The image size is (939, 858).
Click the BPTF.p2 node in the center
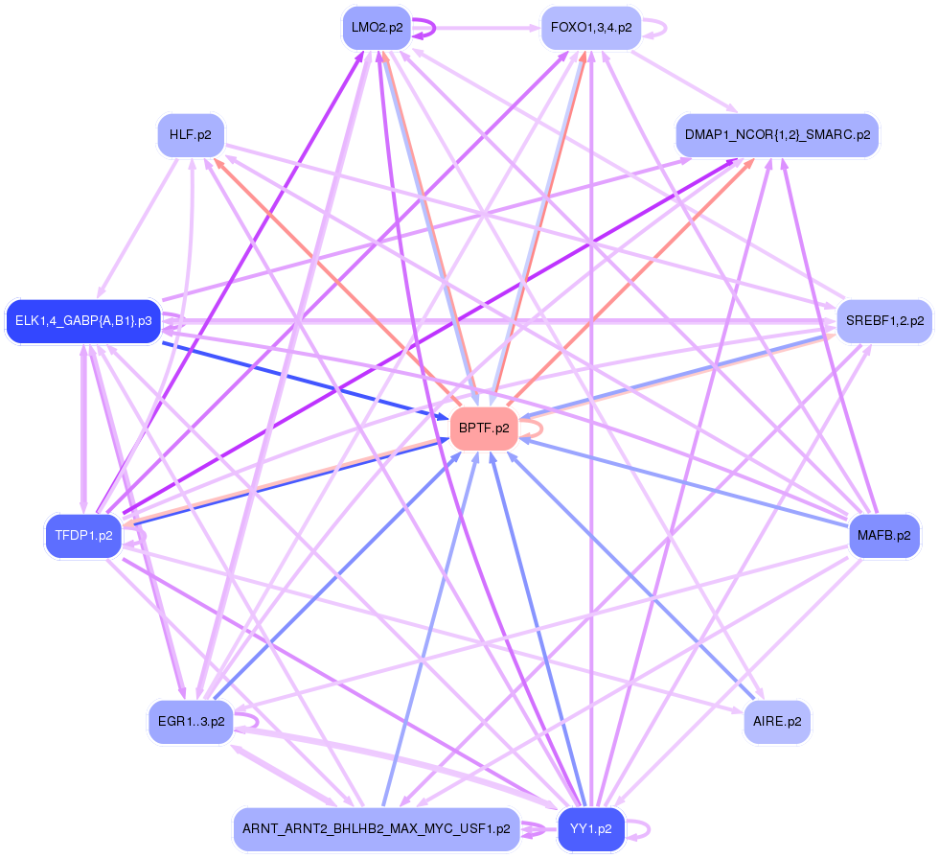[484, 429]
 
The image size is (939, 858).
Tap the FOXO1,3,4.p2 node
[590, 28]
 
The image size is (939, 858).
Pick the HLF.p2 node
[190, 135]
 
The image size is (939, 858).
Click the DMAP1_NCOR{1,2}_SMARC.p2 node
[777, 135]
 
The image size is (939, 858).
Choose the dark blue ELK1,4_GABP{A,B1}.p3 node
[83, 320]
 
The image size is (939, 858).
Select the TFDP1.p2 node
[84, 536]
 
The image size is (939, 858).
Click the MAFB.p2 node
[884, 535]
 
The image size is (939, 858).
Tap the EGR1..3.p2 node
[190, 721]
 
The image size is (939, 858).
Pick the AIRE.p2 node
[777, 721]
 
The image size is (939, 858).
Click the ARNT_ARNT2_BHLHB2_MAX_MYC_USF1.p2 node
[376, 828]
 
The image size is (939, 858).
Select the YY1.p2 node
[590, 828]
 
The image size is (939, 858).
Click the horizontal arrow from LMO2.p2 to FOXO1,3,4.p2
[479, 28]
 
